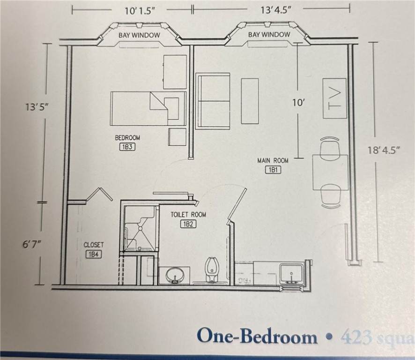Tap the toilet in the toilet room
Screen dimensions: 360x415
click(x=211, y=270)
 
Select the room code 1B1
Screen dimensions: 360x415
click(x=273, y=170)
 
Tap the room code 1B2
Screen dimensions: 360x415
click(x=188, y=224)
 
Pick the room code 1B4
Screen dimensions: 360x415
click(x=92, y=255)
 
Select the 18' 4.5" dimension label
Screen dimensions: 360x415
click(x=384, y=151)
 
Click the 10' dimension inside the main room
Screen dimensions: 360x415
click(x=298, y=103)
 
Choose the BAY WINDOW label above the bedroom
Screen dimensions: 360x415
click(x=139, y=35)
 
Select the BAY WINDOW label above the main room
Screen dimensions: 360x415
click(x=269, y=35)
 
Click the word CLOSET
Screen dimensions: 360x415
click(x=94, y=245)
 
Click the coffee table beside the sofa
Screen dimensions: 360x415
click(x=250, y=101)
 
